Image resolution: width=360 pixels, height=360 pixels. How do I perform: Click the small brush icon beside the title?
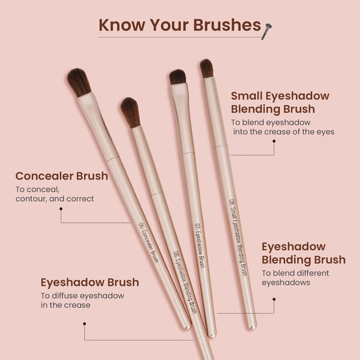point(266,30)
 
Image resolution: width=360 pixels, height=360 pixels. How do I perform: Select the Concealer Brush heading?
point(62,176)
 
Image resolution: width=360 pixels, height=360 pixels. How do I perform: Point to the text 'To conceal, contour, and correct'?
point(55,194)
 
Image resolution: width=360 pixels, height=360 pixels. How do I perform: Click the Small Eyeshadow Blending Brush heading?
point(280,102)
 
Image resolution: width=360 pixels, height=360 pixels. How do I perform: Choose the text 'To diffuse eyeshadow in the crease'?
point(82,300)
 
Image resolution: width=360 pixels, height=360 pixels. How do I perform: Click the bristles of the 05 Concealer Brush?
point(79,82)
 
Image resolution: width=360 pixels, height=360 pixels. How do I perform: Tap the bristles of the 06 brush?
point(130,112)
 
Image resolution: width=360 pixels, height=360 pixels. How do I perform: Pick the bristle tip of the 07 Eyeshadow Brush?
point(178,77)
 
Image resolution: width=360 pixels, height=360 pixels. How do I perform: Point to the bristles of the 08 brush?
point(206,68)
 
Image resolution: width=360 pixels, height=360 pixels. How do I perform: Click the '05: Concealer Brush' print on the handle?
point(148,242)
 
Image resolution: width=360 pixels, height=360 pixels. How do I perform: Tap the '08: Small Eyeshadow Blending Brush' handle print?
point(238,236)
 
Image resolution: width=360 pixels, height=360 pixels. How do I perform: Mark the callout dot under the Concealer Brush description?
point(61,209)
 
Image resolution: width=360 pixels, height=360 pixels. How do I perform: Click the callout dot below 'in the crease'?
point(85,324)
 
